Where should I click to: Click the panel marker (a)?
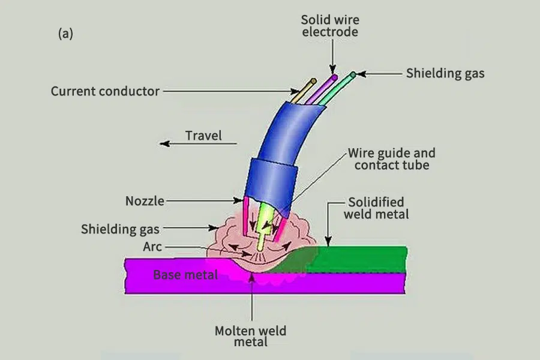(65, 34)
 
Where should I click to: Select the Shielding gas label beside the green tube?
(445, 74)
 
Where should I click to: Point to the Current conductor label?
(105, 92)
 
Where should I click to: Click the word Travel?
(203, 136)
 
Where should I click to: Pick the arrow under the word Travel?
(198, 144)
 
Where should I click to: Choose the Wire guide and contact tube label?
(392, 159)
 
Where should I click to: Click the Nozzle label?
(145, 201)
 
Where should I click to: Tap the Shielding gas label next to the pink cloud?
(120, 229)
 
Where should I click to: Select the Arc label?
(152, 247)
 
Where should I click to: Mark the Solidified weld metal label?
(376, 208)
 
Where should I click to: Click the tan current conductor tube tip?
(313, 80)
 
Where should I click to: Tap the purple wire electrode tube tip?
(333, 76)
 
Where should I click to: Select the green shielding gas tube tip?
(353, 74)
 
